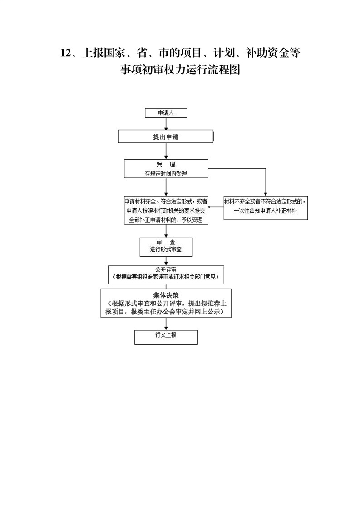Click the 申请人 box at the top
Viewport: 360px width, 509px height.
166,113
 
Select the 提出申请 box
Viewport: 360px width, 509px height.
166,137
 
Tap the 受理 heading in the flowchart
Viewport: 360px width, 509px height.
166,164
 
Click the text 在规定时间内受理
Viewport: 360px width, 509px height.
166,174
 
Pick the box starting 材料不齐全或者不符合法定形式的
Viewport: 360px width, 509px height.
266,208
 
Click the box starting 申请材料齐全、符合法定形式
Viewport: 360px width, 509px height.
166,210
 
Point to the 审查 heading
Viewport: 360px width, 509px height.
166,242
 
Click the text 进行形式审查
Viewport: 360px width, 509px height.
166,250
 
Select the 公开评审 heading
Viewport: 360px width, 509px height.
166,270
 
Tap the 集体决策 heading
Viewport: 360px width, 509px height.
166,295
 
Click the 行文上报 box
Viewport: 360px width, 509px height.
166,337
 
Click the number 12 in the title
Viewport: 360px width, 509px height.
65,53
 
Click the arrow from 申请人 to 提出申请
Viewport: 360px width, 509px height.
166,124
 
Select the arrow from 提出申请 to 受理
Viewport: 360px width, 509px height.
166,151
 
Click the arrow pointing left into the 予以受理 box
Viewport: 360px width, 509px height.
216,207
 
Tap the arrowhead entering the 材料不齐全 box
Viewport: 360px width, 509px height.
266,194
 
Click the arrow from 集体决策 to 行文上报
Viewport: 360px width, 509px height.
166,324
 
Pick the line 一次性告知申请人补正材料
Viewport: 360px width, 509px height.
266,210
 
